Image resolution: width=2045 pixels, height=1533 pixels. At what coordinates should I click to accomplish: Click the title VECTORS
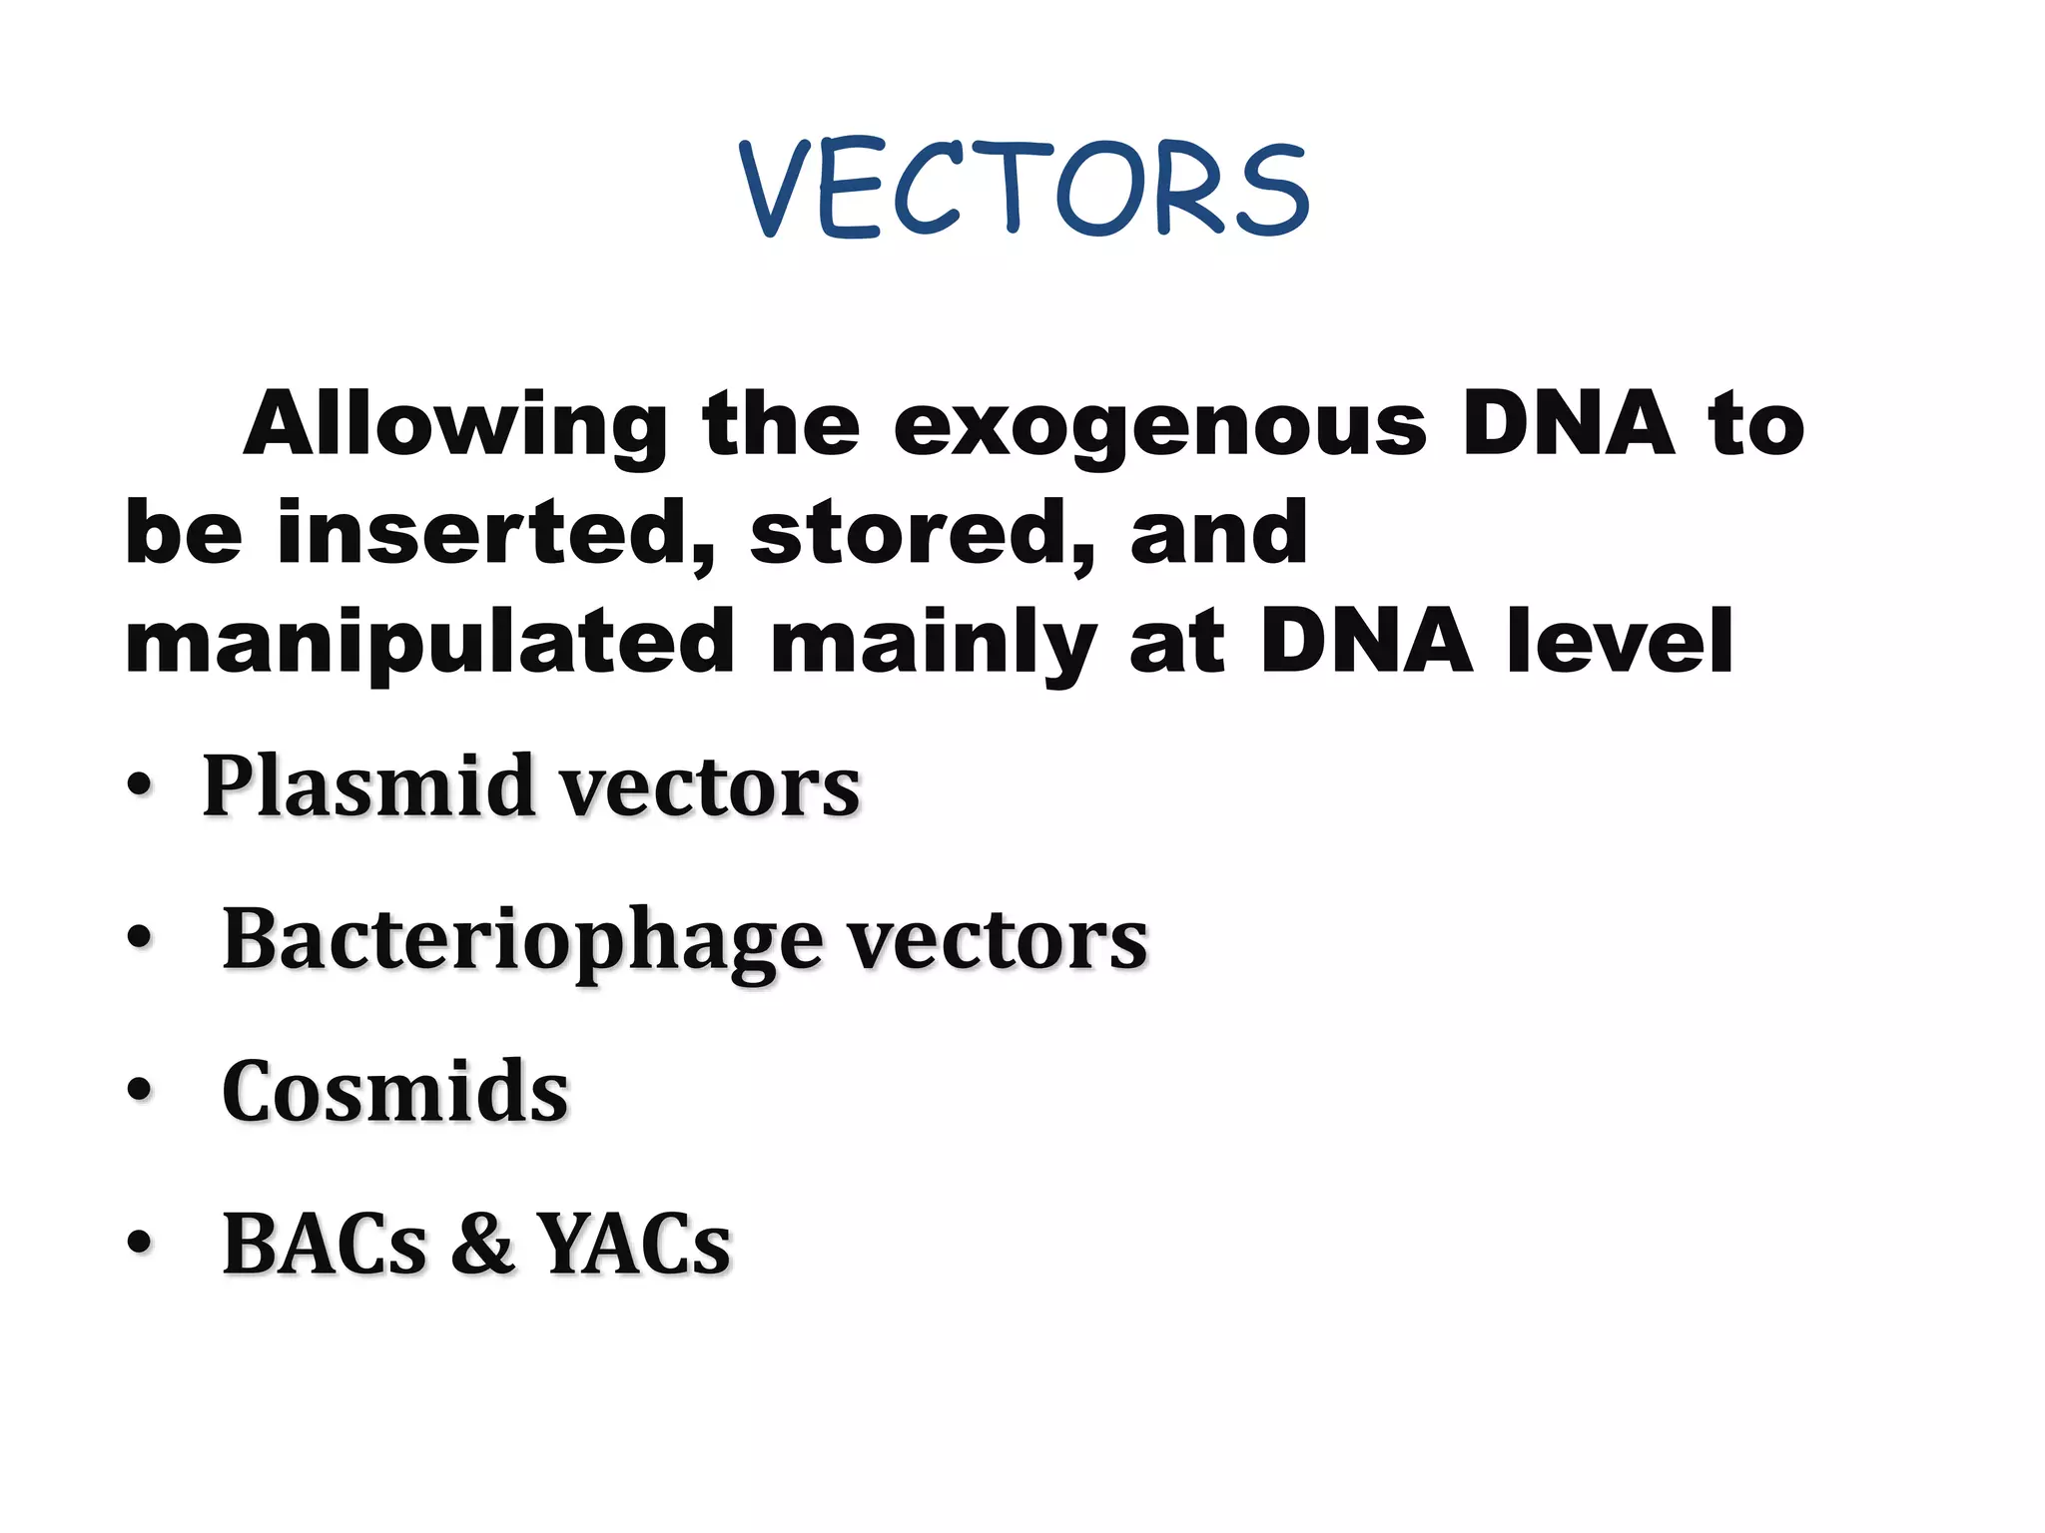point(1023,190)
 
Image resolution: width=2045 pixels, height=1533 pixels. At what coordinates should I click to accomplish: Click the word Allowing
point(455,425)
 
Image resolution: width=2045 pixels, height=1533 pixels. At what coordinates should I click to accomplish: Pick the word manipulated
point(429,644)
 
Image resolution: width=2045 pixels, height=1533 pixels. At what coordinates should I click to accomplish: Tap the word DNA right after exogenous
point(1569,425)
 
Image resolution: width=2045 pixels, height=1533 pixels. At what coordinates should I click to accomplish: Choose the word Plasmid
point(368,785)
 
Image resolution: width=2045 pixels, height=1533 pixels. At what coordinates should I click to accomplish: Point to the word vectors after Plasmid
point(710,785)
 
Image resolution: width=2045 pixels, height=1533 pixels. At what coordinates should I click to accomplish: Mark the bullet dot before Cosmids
point(140,1091)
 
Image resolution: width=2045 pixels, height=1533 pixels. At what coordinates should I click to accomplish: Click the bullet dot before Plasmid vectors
point(140,785)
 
